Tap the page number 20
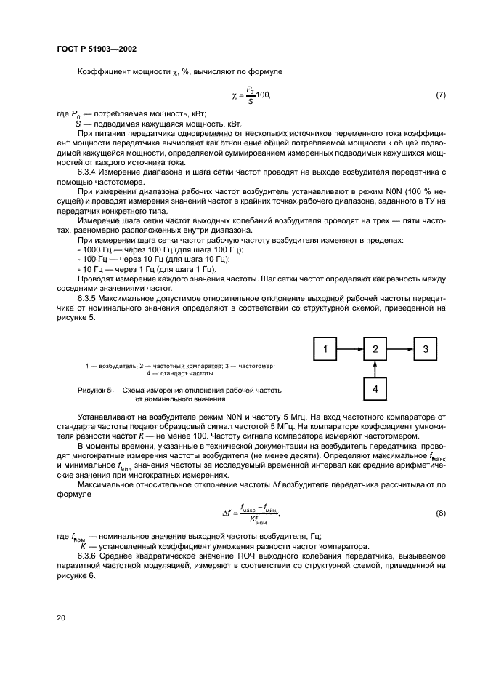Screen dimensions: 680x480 62,618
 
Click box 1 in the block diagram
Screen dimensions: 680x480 326,350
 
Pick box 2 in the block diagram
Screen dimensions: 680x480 375,350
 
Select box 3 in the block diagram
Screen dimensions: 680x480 426,350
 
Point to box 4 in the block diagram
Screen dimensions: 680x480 375,389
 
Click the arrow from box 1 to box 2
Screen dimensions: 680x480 351,350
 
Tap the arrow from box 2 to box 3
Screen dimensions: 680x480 401,350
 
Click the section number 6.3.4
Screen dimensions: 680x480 89,171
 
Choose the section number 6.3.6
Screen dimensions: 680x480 89,556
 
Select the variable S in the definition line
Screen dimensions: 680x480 78,124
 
